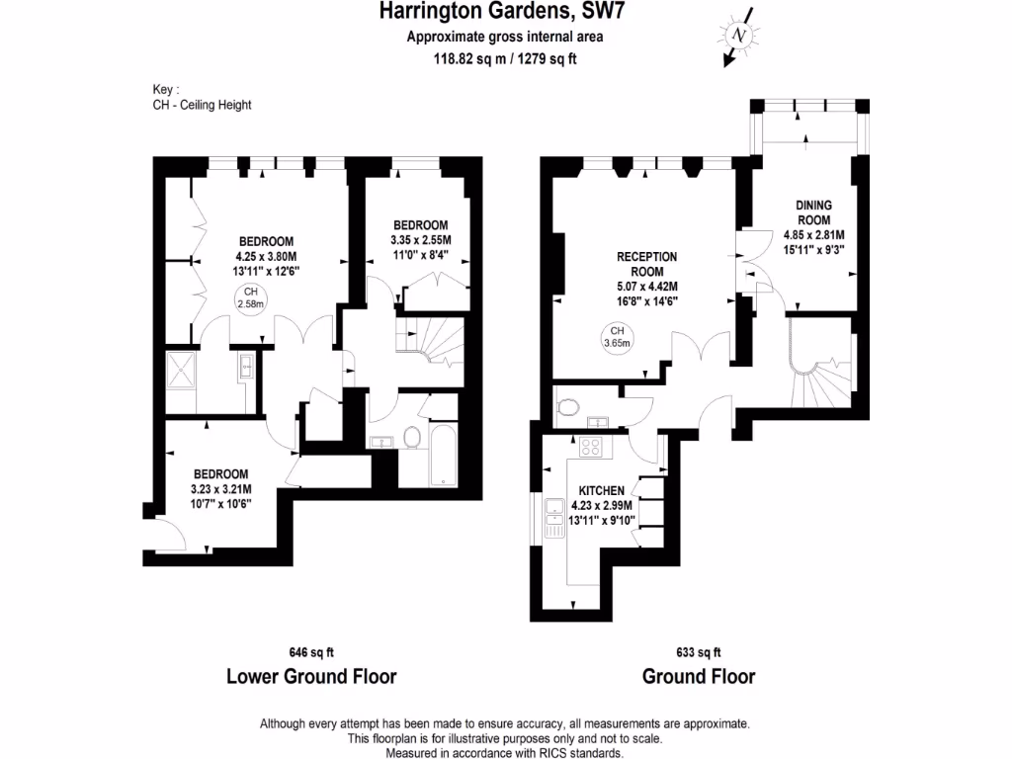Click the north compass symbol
tap(738, 36)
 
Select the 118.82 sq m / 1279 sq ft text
tap(505, 57)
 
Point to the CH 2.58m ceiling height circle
tap(250, 297)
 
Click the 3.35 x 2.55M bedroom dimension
tap(420, 239)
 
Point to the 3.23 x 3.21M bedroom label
tap(220, 488)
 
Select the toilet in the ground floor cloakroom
tap(568, 407)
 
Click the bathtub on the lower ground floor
tap(442, 456)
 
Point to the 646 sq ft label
tap(311, 652)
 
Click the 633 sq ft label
tap(698, 652)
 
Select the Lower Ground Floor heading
tap(311, 677)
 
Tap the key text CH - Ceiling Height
tap(196, 104)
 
